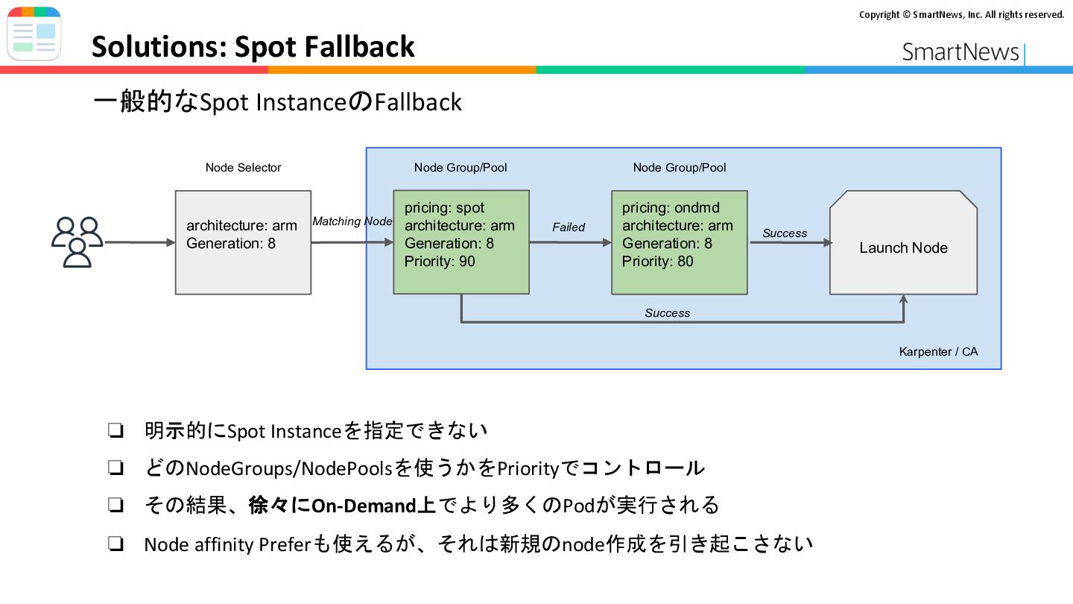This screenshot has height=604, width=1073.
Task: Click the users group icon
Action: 77,242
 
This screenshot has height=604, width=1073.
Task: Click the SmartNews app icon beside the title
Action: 34,34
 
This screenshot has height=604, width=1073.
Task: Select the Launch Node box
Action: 903,242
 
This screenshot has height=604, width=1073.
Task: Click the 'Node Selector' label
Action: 243,167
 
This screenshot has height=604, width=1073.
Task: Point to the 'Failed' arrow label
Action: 569,227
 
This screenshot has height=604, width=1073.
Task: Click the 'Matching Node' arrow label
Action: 352,221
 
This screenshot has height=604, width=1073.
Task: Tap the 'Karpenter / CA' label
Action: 938,351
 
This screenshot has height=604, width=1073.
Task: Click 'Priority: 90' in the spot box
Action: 440,261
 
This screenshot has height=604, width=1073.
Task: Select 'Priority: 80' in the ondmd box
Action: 657,261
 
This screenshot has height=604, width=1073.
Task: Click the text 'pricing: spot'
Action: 444,208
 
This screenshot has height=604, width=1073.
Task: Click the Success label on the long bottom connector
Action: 668,313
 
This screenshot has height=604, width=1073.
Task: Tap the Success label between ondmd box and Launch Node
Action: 785,233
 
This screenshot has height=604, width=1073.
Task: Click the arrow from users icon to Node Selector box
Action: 140,242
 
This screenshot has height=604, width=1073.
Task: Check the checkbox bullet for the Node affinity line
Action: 115,544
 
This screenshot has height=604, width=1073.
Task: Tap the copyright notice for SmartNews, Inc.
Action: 961,14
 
